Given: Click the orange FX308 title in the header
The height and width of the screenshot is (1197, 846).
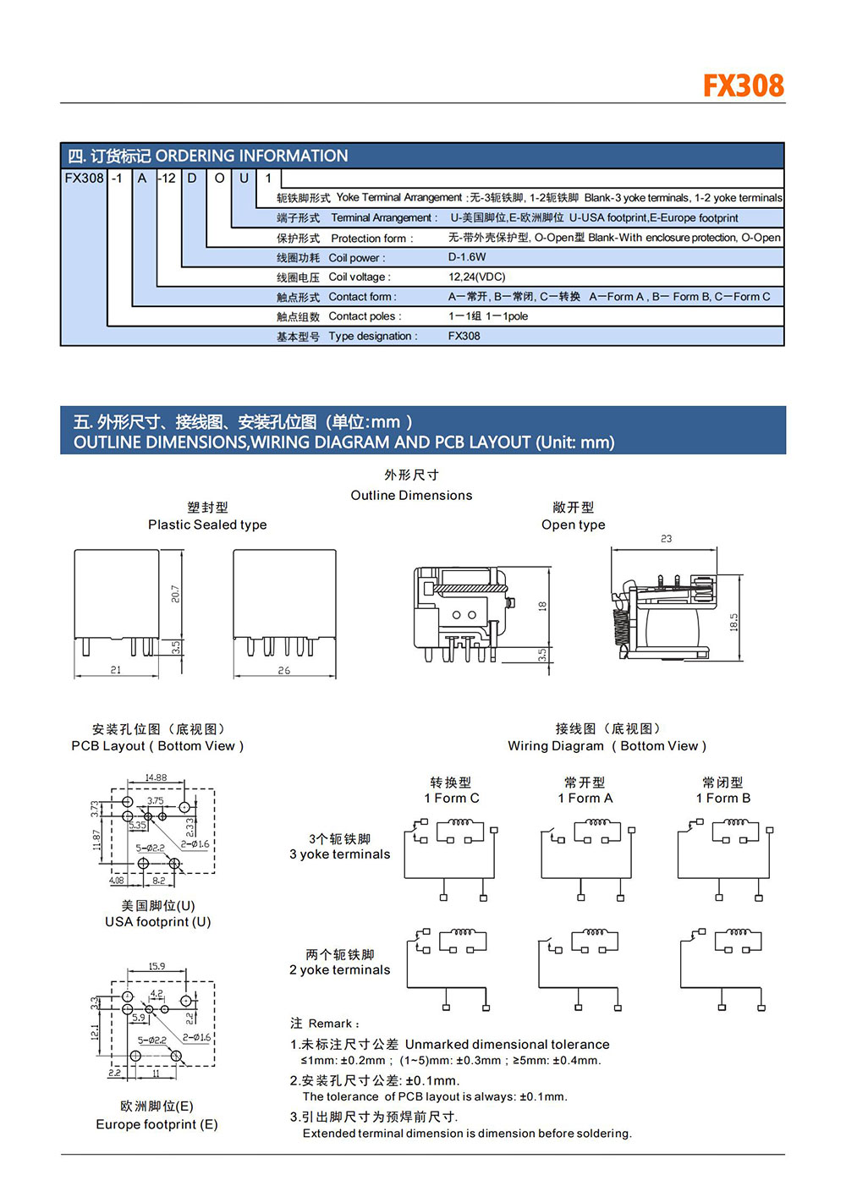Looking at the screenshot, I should pyautogui.click(x=744, y=85).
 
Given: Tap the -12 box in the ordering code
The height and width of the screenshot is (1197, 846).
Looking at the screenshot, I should pyautogui.click(x=168, y=178).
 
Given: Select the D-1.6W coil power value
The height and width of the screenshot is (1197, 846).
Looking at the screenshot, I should pyautogui.click(x=467, y=257).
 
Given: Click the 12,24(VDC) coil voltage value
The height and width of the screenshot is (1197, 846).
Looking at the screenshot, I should pyautogui.click(x=476, y=277).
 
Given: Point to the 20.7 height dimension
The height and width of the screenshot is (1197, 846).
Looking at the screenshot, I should pyautogui.click(x=175, y=594).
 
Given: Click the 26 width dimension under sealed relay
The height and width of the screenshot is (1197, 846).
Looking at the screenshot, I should pyautogui.click(x=284, y=670).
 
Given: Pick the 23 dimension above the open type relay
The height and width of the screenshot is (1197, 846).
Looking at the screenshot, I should pyautogui.click(x=666, y=539).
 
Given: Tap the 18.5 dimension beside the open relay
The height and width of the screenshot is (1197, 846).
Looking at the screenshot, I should pyautogui.click(x=733, y=623).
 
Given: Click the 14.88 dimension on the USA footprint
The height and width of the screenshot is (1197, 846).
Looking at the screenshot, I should pyautogui.click(x=156, y=777).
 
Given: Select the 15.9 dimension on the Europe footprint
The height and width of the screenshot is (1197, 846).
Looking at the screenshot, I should pyautogui.click(x=157, y=966).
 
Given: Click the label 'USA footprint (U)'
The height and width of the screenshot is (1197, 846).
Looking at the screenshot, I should pyautogui.click(x=158, y=922).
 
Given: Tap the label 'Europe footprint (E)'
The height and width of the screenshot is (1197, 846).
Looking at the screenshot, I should pyautogui.click(x=157, y=1124).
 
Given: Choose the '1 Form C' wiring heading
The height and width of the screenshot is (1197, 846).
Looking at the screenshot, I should pyautogui.click(x=452, y=799).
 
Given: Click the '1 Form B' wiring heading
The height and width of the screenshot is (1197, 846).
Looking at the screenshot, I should pyautogui.click(x=722, y=799).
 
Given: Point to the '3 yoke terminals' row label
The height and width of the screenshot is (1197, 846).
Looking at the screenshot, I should pyautogui.click(x=340, y=854).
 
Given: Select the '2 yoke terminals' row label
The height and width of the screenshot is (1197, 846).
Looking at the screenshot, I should pyautogui.click(x=340, y=970).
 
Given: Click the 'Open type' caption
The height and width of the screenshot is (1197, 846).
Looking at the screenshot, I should pyautogui.click(x=574, y=524).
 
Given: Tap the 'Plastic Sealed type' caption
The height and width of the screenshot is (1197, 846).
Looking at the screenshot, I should pyautogui.click(x=207, y=524).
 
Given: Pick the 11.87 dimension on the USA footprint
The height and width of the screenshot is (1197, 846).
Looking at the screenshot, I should pyautogui.click(x=97, y=840).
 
